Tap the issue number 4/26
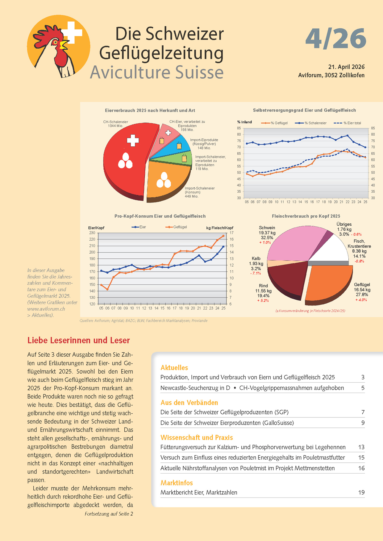pos(335,39)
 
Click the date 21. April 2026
pos(346,67)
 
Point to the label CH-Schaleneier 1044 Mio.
pos(115,124)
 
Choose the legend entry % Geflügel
pos(274,123)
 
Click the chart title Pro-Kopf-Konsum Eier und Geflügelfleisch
pos(160,216)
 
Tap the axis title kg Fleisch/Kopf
pos(220,228)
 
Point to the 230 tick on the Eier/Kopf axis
pos(92,233)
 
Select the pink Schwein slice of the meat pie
pos(293,244)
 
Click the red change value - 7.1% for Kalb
pos(256,273)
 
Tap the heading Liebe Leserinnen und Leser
pos(79,340)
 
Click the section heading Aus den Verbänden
pos(189,403)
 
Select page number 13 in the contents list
pos(361,447)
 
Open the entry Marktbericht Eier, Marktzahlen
pos(199,492)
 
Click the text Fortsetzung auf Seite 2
pos(109,514)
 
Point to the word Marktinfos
pos(177,483)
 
